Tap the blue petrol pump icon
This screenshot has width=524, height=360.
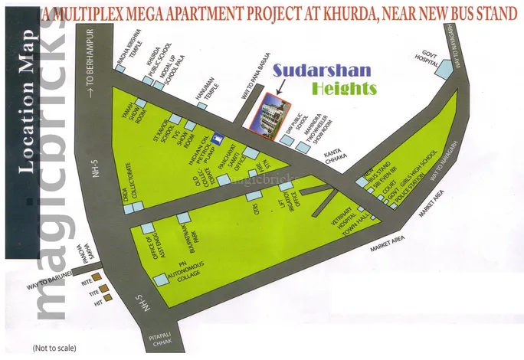point(218,139)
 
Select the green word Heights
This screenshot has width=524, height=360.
point(345,88)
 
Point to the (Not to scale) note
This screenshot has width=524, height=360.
point(51,349)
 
